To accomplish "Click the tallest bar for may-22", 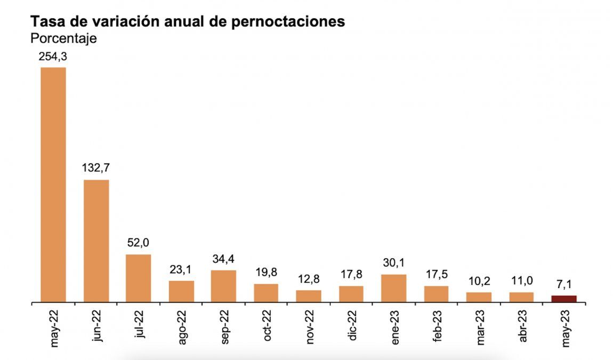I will click(53, 185).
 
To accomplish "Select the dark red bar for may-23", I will click(564, 299).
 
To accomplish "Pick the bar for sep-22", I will click(223, 286).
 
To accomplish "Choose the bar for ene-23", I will click(393, 289).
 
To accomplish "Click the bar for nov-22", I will click(309, 296).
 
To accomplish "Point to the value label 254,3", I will click(53, 57).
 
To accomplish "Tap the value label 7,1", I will click(564, 284).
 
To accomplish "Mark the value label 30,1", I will click(393, 263).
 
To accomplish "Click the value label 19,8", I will click(265, 273).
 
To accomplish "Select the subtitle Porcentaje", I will click(63, 39).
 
